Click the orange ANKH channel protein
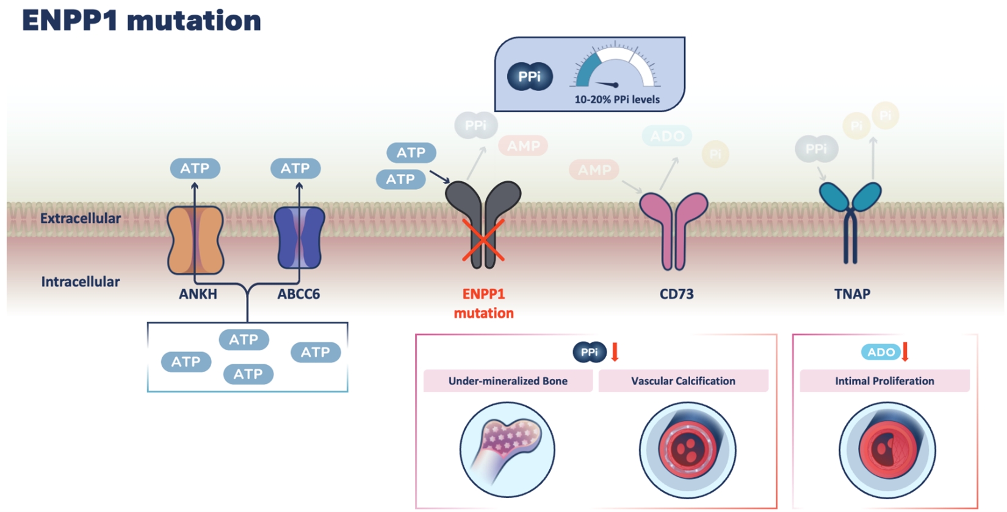click(x=195, y=240)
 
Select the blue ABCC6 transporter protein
click(x=299, y=238)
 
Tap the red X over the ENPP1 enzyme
click(x=483, y=240)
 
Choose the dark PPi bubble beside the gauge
click(x=530, y=77)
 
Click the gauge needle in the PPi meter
click(x=608, y=84)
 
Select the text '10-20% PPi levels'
click(x=617, y=99)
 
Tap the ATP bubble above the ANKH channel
click(x=195, y=168)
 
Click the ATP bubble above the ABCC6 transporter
click(x=295, y=168)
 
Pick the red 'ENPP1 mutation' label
click(x=483, y=303)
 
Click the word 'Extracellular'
click(x=81, y=218)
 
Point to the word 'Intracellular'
click(x=81, y=282)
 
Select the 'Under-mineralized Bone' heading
click(x=508, y=381)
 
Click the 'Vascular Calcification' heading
click(x=683, y=381)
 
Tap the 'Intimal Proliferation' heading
click(x=884, y=381)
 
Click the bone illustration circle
click(x=507, y=450)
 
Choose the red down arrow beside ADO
click(x=905, y=352)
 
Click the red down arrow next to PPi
click(x=615, y=352)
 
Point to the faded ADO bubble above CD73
click(x=666, y=136)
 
